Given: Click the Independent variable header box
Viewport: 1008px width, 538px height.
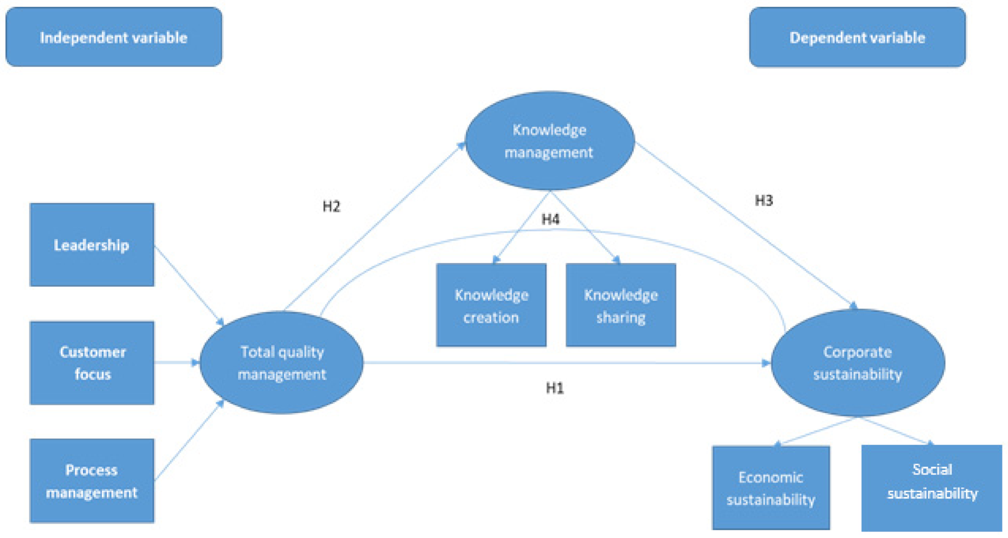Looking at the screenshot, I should [x=113, y=37].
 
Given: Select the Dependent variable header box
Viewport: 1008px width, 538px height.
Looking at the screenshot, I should [x=857, y=37].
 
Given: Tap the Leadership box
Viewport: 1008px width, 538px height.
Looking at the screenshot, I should [x=92, y=245].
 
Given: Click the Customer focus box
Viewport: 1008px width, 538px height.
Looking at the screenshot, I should [x=92, y=363].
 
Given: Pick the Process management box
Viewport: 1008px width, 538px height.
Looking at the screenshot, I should [x=92, y=481].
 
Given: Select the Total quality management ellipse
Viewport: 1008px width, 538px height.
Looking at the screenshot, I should [x=282, y=363].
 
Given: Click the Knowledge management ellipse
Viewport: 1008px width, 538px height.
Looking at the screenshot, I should [x=550, y=141].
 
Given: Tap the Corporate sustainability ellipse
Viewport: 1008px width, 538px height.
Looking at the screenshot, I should [x=857, y=363].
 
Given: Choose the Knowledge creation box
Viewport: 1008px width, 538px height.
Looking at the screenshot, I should [x=491, y=305].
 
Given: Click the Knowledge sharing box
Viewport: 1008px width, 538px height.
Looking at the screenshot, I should [x=621, y=305].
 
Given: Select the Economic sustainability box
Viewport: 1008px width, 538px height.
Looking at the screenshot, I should [x=771, y=487].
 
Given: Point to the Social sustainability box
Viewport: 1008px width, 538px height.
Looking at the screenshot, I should [x=932, y=487].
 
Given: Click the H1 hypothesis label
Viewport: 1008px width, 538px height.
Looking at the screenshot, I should [x=555, y=388].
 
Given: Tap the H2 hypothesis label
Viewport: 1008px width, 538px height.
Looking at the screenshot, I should [x=331, y=206].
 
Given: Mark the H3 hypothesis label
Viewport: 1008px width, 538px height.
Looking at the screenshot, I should [x=764, y=200].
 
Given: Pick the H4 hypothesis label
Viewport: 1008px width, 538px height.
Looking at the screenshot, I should [x=551, y=219].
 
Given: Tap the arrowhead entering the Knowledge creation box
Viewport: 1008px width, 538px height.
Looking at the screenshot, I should [x=496, y=259].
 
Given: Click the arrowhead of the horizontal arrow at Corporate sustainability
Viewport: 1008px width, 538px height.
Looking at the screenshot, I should [x=766, y=363].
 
